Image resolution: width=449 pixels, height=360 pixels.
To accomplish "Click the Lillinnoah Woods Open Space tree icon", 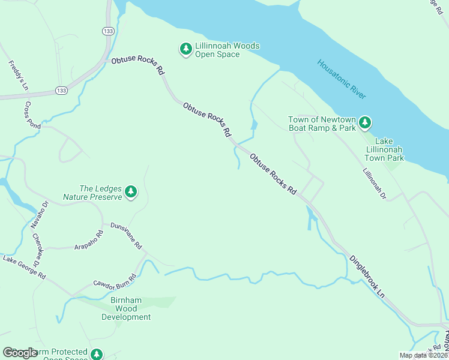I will pos(186,48).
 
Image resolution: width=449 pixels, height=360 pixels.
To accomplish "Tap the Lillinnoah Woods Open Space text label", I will pos(217,50).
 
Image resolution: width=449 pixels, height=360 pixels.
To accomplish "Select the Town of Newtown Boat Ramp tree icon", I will pos(364,124).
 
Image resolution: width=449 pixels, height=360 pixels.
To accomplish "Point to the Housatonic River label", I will pos(342,79).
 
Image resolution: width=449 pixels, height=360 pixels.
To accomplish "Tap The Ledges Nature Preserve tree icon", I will pos(131,193).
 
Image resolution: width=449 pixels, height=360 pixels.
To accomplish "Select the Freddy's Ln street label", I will pos(17,75).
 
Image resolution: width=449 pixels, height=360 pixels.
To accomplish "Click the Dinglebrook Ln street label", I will pos(367,276).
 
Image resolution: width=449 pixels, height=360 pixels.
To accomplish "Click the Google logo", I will pos(20,353).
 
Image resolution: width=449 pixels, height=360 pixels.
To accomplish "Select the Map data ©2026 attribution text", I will pos(423,355).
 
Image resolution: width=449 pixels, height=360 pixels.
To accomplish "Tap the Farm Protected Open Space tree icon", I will pos(97,355).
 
